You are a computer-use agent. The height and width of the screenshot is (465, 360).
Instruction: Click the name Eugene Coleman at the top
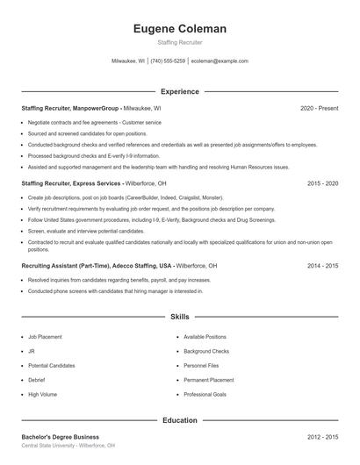tap(179, 29)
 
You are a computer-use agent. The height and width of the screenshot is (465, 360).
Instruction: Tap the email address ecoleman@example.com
tap(220, 61)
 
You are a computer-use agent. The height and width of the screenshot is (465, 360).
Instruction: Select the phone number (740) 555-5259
tap(168, 61)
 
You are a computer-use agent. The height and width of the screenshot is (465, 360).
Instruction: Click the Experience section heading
tap(179, 91)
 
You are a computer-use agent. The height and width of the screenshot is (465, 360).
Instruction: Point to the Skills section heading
tap(179, 317)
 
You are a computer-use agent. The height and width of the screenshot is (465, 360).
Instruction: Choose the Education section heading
tap(179, 420)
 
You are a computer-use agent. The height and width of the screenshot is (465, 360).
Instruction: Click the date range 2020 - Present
tap(319, 108)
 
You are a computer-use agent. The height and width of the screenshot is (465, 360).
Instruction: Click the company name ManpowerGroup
tap(97, 108)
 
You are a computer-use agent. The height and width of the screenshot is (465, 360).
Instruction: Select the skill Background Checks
tap(206, 351)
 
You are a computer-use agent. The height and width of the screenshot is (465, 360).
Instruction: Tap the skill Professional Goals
tap(206, 395)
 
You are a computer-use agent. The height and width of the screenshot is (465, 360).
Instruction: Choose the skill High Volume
tap(41, 395)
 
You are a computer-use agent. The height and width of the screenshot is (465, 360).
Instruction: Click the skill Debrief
tap(36, 380)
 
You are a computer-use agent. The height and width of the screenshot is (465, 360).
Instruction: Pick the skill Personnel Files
tap(201, 365)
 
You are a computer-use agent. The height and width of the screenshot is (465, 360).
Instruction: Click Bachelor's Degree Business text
tap(61, 436)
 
